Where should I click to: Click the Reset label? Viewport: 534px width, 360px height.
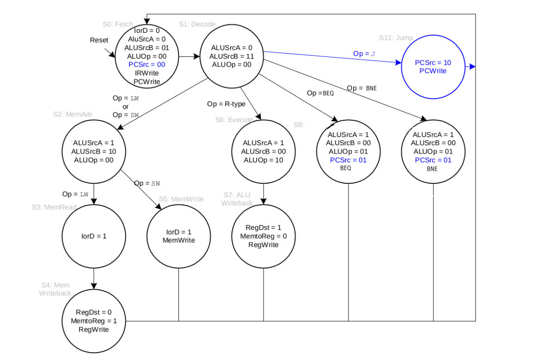pyautogui.click(x=99, y=40)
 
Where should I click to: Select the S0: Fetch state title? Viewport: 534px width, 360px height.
pyautogui.click(x=117, y=24)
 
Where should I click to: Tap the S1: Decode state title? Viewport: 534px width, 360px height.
pyautogui.click(x=197, y=24)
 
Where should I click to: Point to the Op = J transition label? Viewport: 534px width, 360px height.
pyautogui.click(x=364, y=54)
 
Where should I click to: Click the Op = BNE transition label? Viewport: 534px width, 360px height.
pyautogui.click(x=362, y=88)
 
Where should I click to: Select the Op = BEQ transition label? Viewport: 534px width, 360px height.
pyautogui.click(x=320, y=93)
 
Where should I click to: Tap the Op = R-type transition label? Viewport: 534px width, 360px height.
pyautogui.click(x=226, y=104)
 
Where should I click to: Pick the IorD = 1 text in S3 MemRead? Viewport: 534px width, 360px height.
pyautogui.click(x=94, y=236)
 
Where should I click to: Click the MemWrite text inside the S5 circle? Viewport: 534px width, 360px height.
pyautogui.click(x=178, y=240)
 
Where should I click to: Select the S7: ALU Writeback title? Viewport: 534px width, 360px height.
pyautogui.click(x=236, y=199)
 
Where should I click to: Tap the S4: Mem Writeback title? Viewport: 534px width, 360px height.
pyautogui.click(x=55, y=289)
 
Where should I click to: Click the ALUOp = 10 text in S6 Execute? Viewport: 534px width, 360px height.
pyautogui.click(x=264, y=160)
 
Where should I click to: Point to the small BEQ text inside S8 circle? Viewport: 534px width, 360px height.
pyautogui.click(x=345, y=168)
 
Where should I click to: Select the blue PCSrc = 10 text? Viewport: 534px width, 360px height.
pyautogui.click(x=433, y=62)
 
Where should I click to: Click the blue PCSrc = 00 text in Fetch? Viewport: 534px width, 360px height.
pyautogui.click(x=147, y=64)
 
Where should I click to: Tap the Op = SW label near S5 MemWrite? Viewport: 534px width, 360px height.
pyautogui.click(x=147, y=183)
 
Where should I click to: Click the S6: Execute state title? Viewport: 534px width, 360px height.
pyautogui.click(x=234, y=120)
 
